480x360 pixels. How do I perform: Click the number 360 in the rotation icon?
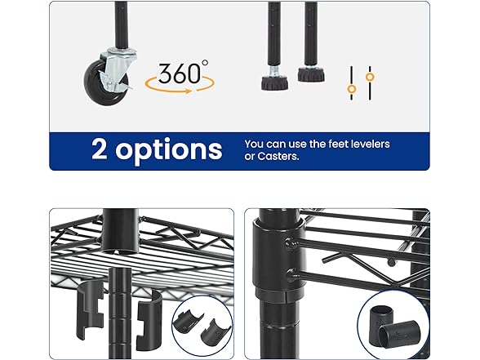click(180, 73)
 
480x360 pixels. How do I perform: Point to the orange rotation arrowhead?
click(189, 91)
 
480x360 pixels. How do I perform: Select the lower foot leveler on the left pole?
click(274, 82)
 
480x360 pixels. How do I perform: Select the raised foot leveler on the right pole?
click(311, 73)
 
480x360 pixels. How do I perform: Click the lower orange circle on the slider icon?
click(352, 89)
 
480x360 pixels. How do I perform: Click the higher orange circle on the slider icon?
click(370, 77)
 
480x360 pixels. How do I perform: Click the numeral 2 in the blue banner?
click(100, 149)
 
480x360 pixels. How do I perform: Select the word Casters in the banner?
click(278, 156)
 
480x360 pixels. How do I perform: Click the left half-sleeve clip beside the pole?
click(90, 309)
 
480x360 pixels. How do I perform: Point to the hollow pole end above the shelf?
click(120, 232)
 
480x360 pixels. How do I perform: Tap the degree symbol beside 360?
click(205, 63)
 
